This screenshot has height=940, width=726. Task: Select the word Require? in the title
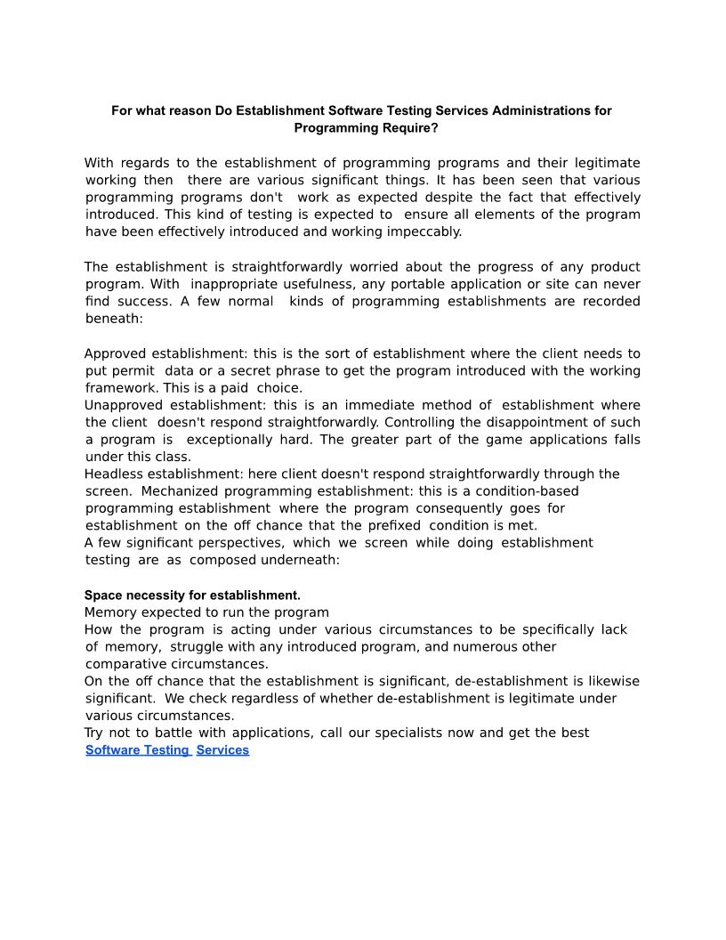coord(410,128)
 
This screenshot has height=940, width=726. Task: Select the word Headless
coord(115,474)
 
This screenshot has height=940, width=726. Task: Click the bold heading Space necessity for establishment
coord(192,595)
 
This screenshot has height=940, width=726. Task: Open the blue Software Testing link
coord(137,750)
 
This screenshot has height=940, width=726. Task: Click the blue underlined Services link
coord(222,750)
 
